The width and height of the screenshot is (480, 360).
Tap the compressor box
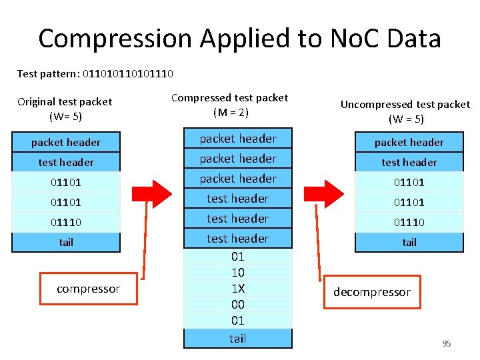pos(88,289)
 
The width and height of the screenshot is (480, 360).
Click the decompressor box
pos(372,292)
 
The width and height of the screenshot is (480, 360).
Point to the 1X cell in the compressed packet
pos(238,289)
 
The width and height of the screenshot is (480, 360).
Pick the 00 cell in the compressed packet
pos(238,305)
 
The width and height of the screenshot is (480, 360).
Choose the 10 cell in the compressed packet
pos(238,273)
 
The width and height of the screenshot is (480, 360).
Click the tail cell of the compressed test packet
pos(238,338)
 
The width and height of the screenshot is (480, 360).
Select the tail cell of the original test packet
pos(66,242)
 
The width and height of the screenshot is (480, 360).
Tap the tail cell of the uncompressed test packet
pos(409,242)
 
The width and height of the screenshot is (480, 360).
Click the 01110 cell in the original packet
pos(66,222)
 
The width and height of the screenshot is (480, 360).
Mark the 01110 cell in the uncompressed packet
pos(409,222)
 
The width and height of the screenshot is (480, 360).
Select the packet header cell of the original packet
pos(66,142)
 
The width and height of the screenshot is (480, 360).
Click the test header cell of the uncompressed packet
pos(409,162)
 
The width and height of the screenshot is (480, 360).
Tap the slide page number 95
pos(447,344)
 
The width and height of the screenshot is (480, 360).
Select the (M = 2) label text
pos(231,113)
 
